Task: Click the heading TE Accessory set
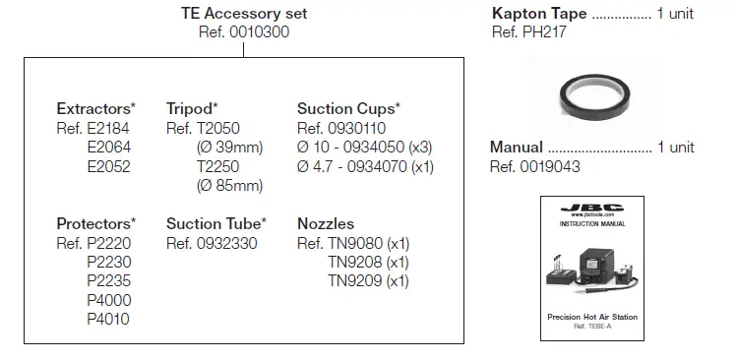(244, 14)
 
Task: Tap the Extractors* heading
(96, 108)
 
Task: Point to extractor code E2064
(108, 147)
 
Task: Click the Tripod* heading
(192, 108)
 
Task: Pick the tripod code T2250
(218, 165)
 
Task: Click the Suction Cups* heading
(349, 108)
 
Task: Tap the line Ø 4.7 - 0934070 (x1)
(365, 165)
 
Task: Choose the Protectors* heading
(96, 223)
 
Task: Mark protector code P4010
(108, 318)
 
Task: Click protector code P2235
(108, 280)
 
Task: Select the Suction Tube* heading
(216, 223)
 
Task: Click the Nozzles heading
(326, 223)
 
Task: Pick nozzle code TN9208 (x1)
(368, 262)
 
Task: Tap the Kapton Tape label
(539, 14)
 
